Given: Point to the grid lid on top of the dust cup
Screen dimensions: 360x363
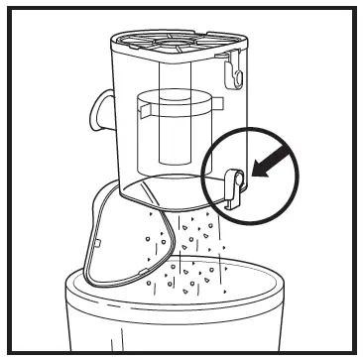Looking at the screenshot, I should pos(173,42).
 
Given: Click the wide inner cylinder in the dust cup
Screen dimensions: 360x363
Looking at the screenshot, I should pos(170,129).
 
